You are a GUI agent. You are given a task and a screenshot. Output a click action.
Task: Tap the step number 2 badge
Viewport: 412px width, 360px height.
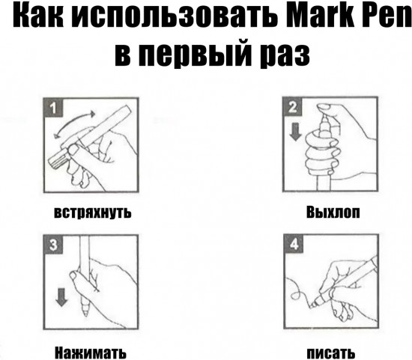(x=293, y=107)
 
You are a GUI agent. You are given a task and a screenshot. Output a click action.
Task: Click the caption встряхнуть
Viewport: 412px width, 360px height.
(x=92, y=212)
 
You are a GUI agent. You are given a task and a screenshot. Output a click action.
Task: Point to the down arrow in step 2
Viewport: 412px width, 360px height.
(x=295, y=132)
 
